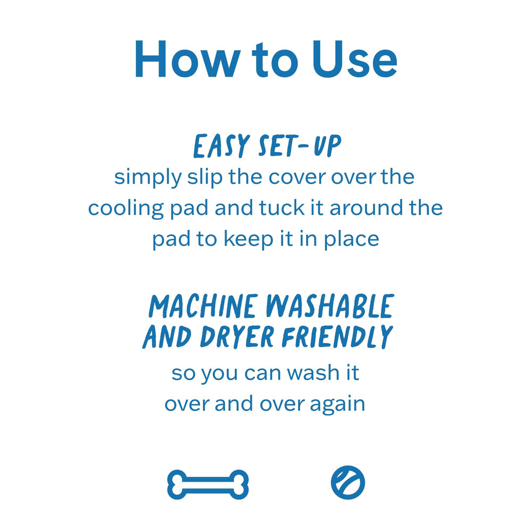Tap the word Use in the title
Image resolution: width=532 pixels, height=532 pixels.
click(x=354, y=59)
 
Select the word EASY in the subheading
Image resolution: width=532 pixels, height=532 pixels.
click(x=221, y=146)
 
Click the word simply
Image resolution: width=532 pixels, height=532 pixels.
click(x=148, y=178)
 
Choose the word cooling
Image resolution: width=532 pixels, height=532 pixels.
click(x=126, y=209)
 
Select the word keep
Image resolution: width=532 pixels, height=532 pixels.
click(x=248, y=240)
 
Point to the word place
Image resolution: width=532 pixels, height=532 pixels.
click(x=351, y=240)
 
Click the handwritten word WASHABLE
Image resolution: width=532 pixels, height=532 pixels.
click(x=330, y=306)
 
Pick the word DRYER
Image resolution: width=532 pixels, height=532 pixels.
click(x=237, y=337)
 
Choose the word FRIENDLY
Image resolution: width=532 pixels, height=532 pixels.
click(x=337, y=337)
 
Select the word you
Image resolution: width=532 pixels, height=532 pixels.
click(x=219, y=374)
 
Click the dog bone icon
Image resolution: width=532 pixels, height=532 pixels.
click(x=208, y=485)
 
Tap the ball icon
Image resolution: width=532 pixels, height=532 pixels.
click(x=348, y=483)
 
